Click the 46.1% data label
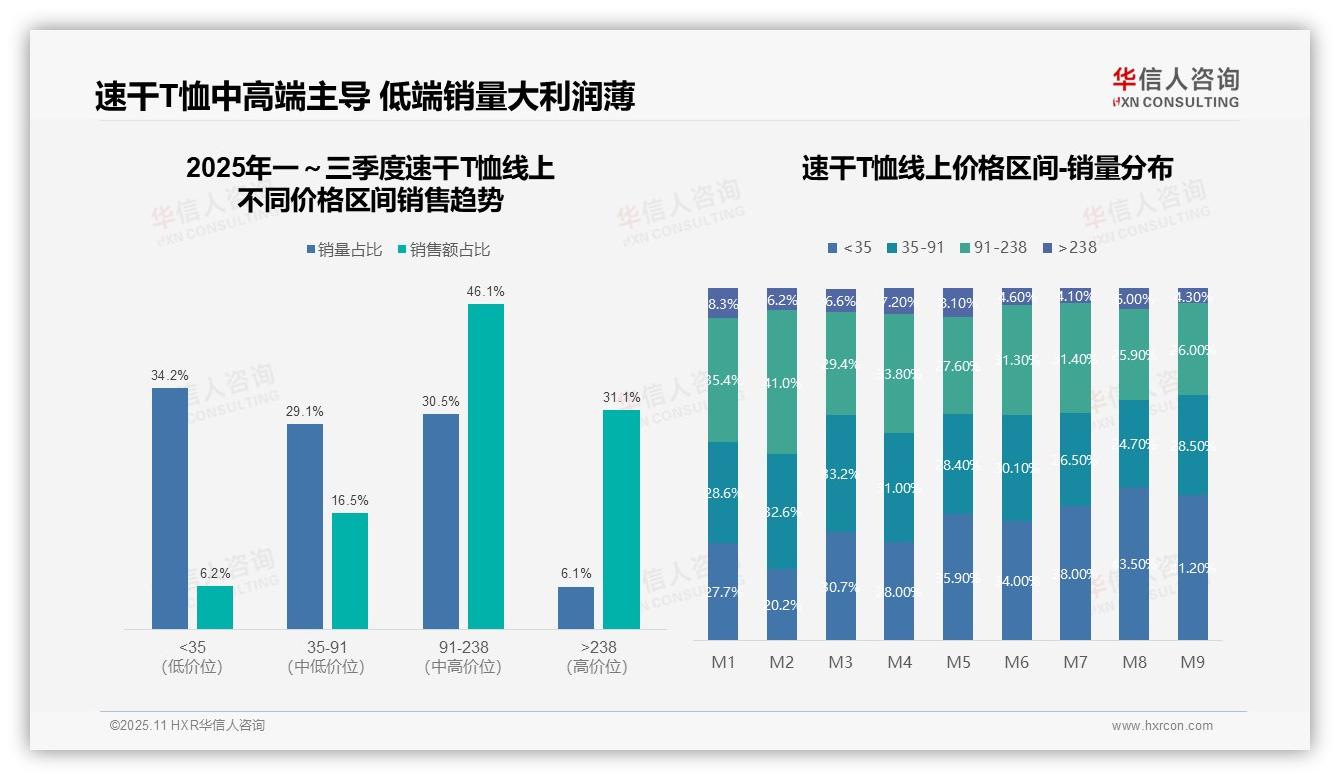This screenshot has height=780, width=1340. pos(485,291)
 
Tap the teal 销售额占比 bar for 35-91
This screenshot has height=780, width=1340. pos(350,571)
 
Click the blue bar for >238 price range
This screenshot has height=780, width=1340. pos(576,608)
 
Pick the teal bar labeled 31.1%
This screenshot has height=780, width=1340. pos(621,519)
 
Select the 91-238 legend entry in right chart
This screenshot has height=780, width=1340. pos(992,247)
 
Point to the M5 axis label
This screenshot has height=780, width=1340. pos(958,662)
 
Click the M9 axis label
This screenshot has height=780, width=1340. pos(1192,662)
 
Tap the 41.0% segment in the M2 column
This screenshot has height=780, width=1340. pos(782,382)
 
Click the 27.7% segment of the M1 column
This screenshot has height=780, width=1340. pos(723,591)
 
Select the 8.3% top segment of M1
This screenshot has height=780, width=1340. pos(723,303)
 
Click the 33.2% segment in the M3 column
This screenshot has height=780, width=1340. pos(841,473)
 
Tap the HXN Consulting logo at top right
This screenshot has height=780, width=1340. pos(1176,88)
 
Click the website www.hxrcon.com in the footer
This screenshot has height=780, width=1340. pos(1161,726)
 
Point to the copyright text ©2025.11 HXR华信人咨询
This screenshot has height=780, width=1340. pos(187,726)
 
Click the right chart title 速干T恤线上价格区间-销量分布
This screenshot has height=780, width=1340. pos(987,168)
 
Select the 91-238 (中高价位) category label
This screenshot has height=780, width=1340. pos(462,657)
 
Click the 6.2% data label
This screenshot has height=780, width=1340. pos(214,573)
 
